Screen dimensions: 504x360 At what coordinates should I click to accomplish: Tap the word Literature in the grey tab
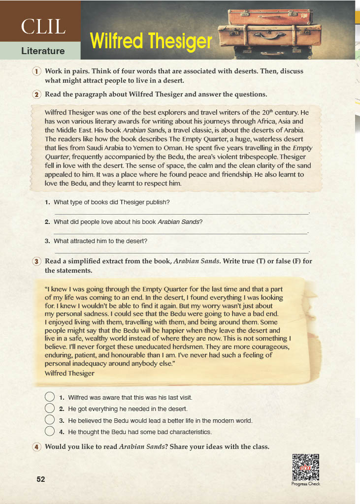43,51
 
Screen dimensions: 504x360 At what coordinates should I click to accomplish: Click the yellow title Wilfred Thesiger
151,41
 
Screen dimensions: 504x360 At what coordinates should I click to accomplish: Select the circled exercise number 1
36,71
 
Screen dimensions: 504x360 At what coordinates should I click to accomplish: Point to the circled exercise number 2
36,94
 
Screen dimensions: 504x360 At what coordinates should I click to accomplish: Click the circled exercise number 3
36,261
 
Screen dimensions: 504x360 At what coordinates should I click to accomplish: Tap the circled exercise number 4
36,447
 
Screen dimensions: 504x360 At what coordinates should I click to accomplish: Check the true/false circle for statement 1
49,397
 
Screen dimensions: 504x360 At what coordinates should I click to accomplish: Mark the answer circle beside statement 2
49,409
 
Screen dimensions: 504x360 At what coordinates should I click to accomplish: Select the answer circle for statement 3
49,420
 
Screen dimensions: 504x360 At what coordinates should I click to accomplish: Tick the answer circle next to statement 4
49,432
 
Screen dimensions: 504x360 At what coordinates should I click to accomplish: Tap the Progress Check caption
306,484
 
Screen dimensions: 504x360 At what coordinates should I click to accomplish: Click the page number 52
41,479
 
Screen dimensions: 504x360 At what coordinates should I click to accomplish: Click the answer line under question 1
180,214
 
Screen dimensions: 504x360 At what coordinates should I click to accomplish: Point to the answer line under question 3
180,252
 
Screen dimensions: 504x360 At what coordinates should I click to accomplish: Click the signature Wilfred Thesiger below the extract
69,374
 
